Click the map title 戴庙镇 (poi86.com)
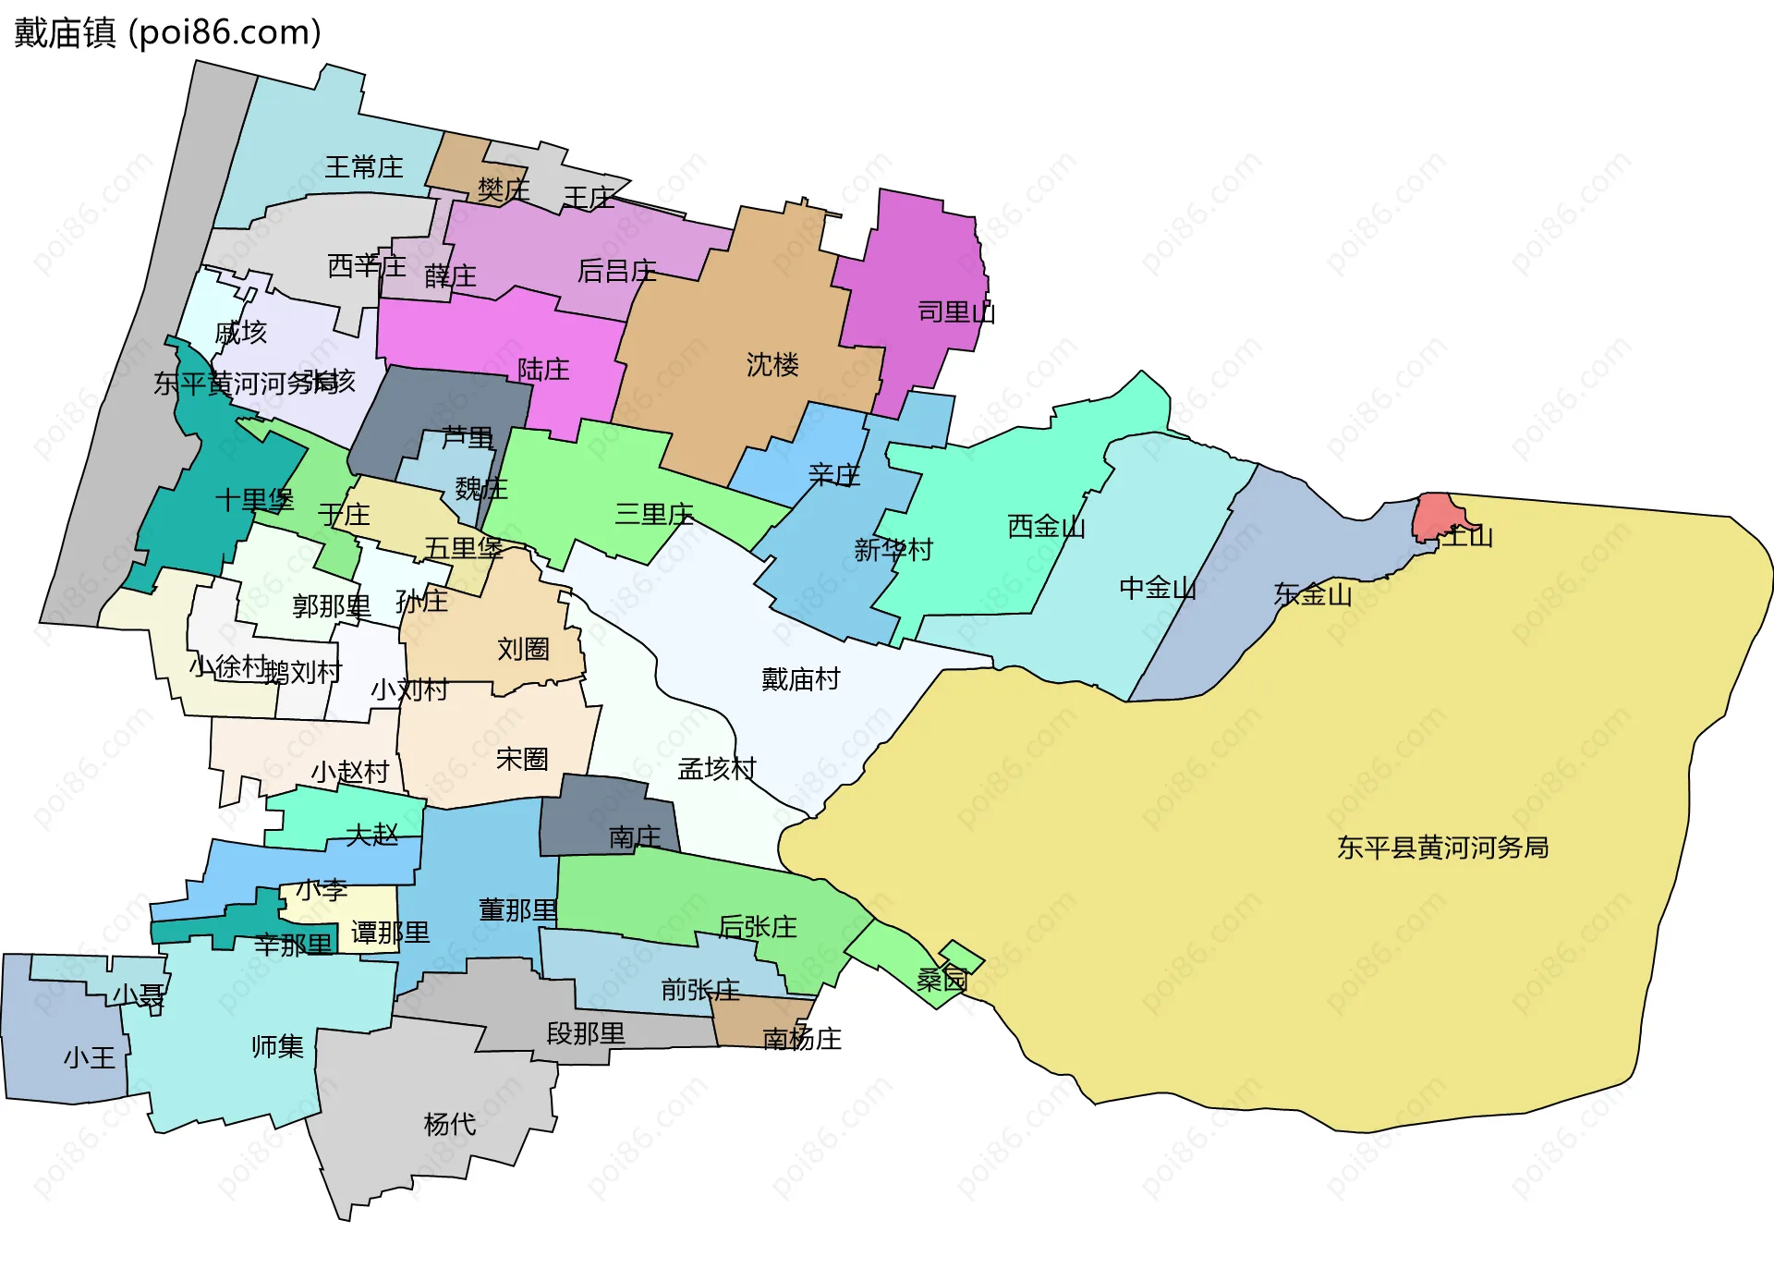coord(167,32)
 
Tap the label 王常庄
coord(363,167)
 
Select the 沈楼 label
coord(772,365)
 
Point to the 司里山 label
coord(955,312)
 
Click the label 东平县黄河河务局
coord(1442,848)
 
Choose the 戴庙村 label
coord(800,679)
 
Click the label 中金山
coord(1157,588)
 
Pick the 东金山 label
coord(1312,594)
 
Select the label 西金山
coord(1046,527)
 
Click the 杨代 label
coord(450,1124)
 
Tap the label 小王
coord(90,1057)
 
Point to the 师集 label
coord(277,1046)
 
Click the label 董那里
coord(517,910)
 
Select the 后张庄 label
coord(757,926)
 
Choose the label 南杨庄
coord(802,1039)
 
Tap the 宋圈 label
coord(522,759)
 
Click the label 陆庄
coord(543,370)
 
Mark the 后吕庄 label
coord(616,271)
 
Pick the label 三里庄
coord(654,514)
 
